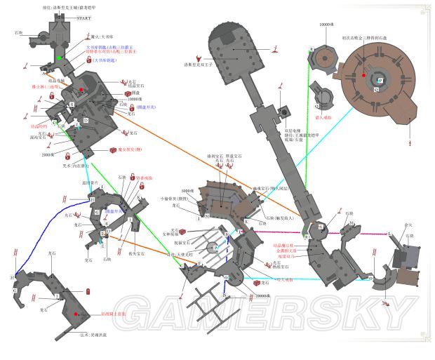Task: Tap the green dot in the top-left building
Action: coord(61,58)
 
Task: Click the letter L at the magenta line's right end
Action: coord(389,232)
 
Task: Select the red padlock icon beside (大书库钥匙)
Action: coord(89,62)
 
